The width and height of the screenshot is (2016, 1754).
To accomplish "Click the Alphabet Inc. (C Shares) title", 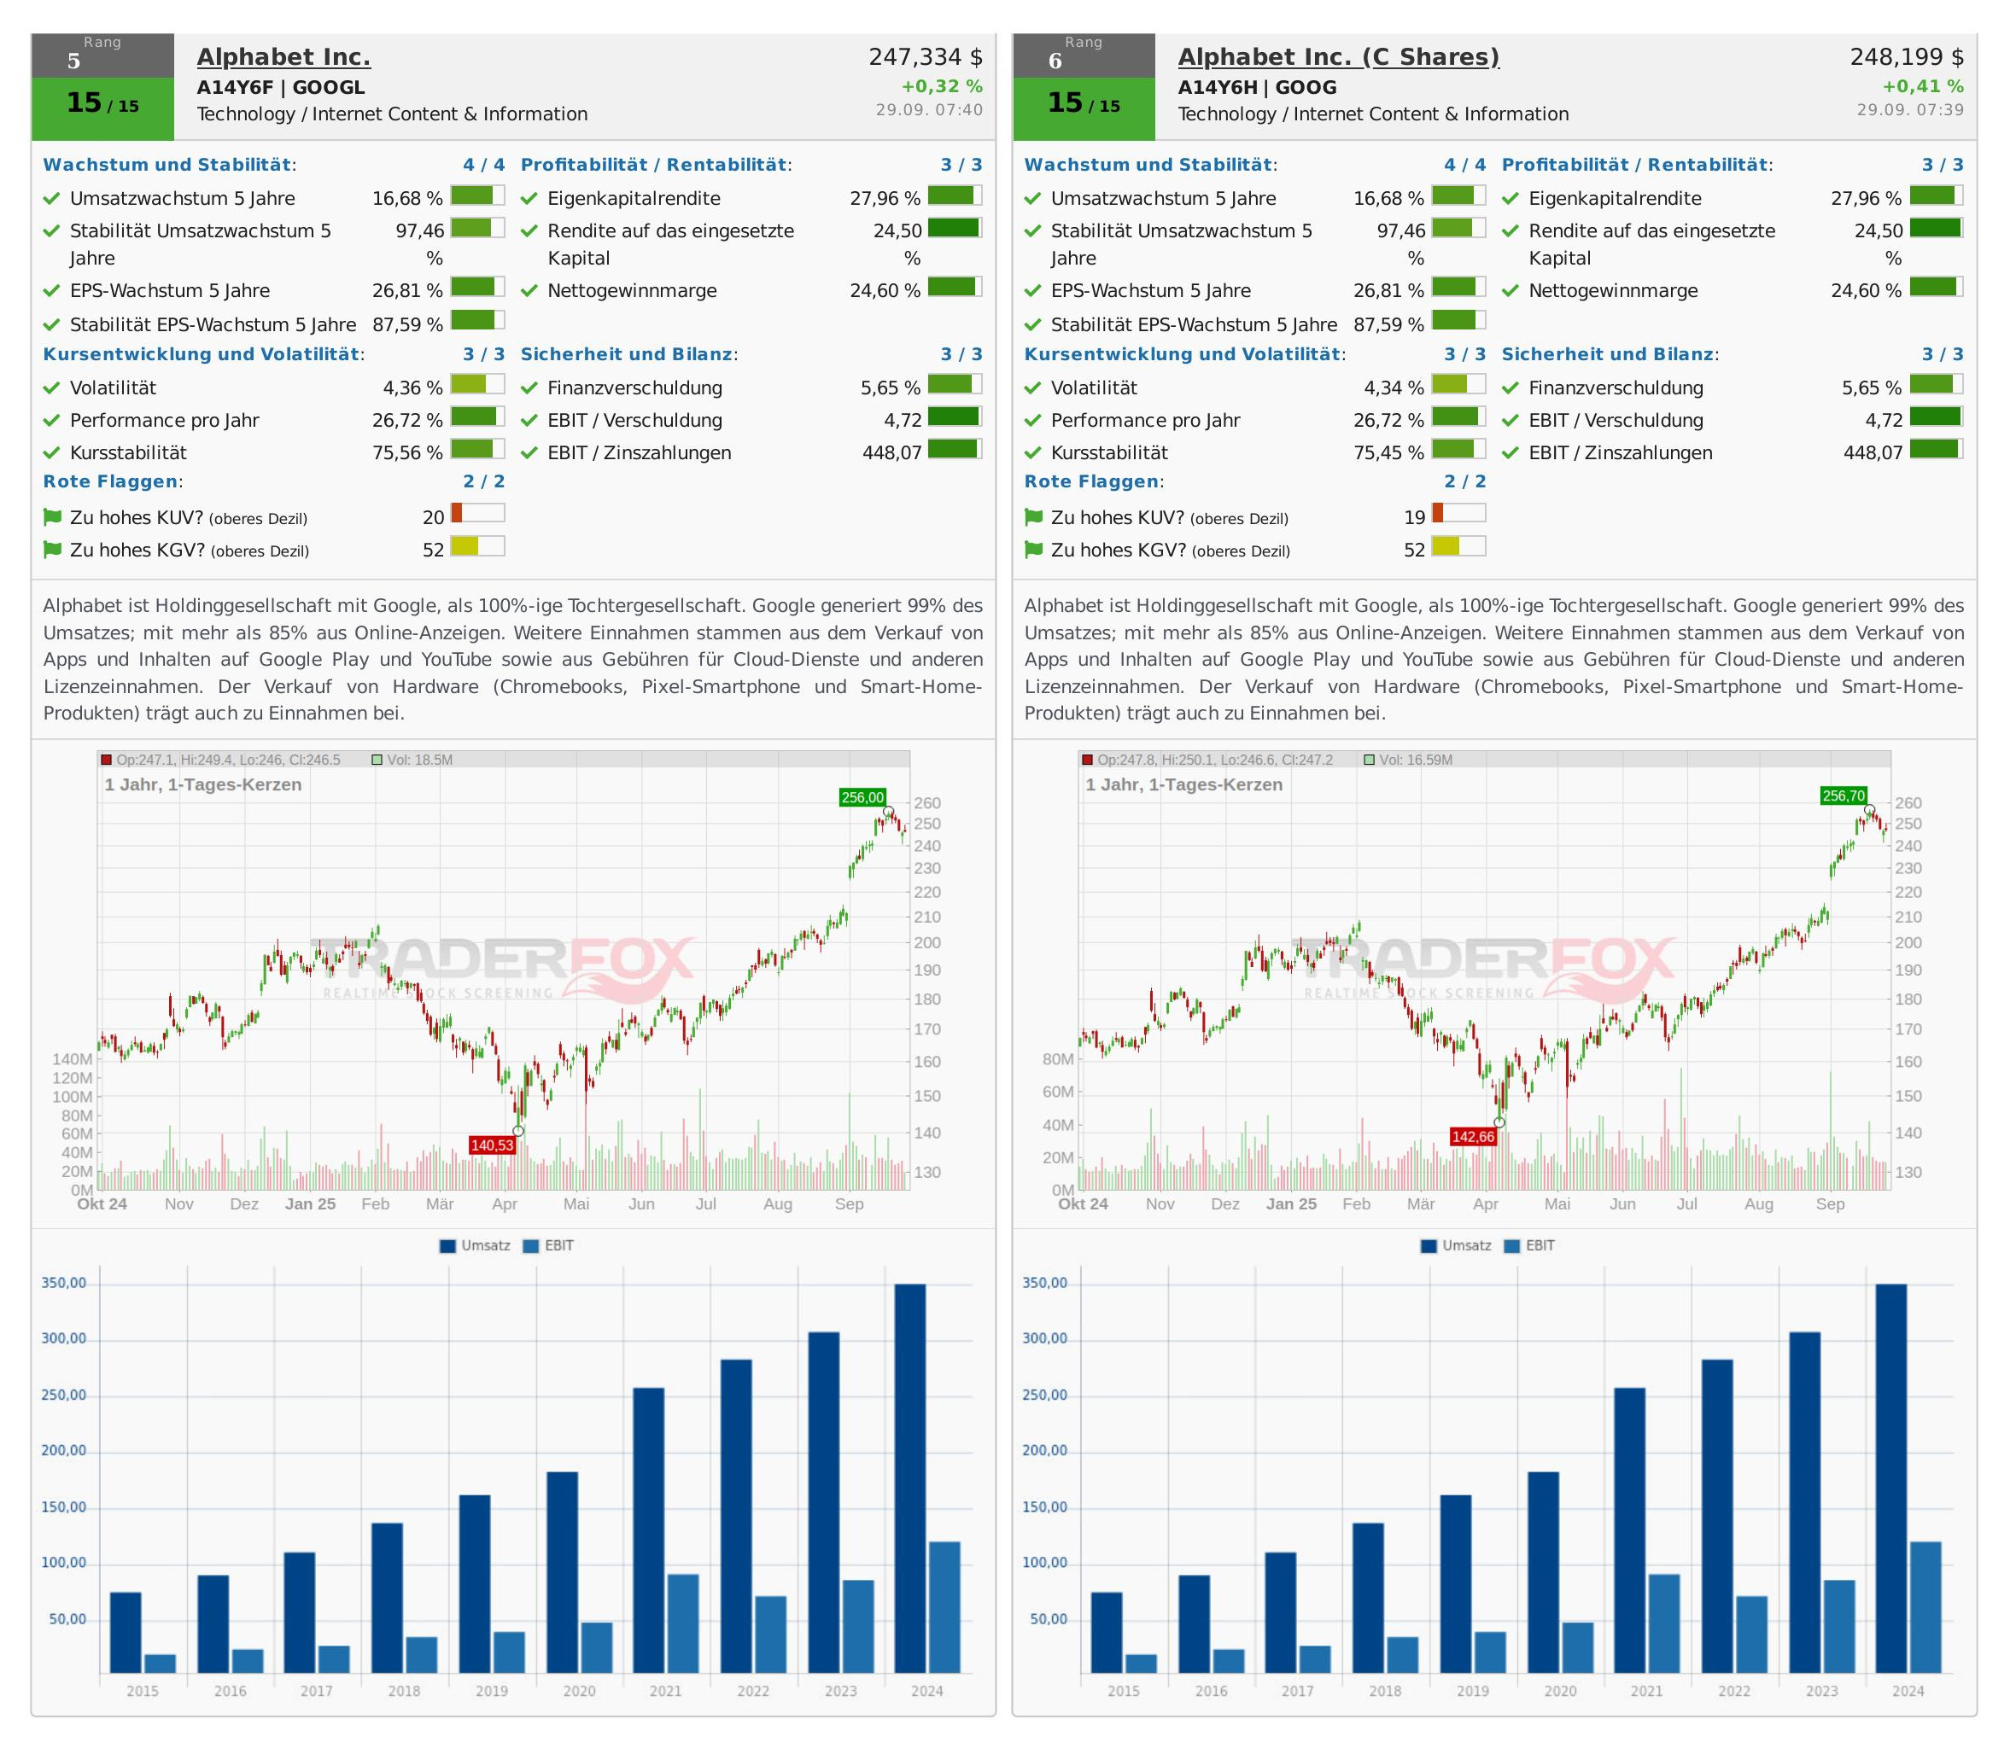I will [1337, 57].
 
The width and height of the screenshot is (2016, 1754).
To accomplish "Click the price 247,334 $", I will [926, 57].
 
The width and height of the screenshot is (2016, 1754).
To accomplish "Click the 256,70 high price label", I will [1844, 795].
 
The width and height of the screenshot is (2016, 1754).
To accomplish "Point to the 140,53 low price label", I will [492, 1145].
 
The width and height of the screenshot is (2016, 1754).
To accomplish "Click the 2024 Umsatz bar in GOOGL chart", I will [909, 1478].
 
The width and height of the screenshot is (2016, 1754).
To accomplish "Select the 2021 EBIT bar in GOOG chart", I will [1663, 1623].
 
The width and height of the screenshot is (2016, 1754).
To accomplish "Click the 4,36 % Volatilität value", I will [412, 388].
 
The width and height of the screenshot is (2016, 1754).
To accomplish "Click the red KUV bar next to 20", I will [456, 513].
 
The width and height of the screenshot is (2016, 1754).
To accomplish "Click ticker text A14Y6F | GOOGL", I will [281, 87].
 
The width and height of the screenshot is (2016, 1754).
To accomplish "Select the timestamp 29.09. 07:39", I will [1909, 109].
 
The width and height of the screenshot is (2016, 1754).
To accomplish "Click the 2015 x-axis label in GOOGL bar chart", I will [143, 1690].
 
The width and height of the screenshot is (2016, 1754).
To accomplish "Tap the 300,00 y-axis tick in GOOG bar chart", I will [1045, 1339].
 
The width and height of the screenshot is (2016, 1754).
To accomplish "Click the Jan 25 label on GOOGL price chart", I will [310, 1204].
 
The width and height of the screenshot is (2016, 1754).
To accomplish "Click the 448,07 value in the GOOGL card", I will [892, 452].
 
